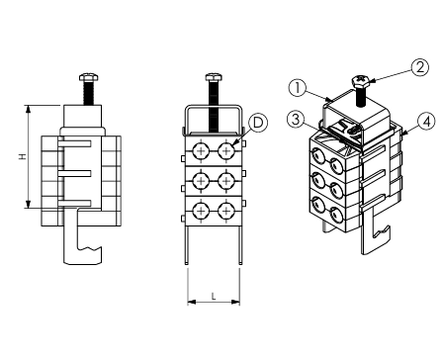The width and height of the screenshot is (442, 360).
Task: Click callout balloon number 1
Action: point(298,88)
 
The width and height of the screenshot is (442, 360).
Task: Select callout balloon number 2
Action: point(420,67)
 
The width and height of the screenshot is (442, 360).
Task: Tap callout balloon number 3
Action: point(296,120)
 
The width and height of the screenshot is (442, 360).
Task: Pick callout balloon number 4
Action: point(427,123)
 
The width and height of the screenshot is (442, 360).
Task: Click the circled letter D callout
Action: point(258,123)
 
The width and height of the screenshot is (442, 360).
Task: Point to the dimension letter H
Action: point(22,157)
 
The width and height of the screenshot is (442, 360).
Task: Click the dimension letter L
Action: point(214,297)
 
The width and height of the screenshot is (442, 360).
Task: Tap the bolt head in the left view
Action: point(89,77)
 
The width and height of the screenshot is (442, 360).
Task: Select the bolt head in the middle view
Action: point(214,77)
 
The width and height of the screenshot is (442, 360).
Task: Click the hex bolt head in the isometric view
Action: point(361,80)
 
